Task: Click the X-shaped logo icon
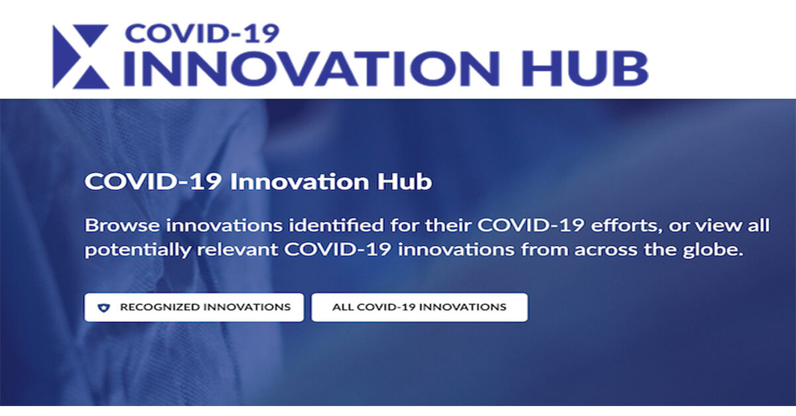pos(80,56)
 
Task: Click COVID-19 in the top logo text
pos(202,33)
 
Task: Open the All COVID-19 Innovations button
pos(419,307)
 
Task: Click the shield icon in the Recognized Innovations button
pos(102,308)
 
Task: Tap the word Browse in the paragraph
pos(122,225)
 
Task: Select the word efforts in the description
pos(619,225)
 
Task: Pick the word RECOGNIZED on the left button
pos(159,307)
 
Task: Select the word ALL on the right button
pos(343,307)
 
